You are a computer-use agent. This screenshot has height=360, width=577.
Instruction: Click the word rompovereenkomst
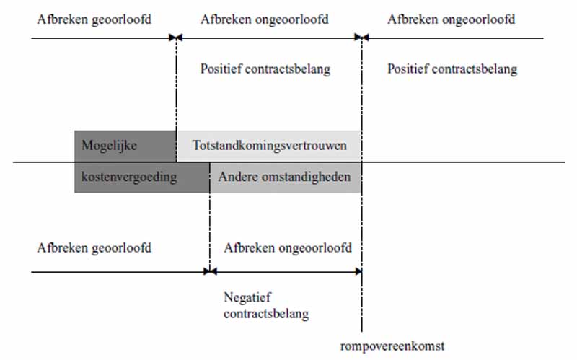tap(392, 346)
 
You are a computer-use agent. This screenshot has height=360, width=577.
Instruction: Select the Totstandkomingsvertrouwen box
tap(268, 146)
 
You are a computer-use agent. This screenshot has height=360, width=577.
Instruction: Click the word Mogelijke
tap(109, 146)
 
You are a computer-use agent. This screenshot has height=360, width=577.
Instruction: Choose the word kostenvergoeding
tap(129, 177)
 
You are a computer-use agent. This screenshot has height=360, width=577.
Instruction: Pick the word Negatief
tap(247, 297)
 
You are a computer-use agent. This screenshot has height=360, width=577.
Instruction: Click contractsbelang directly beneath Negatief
tap(266, 314)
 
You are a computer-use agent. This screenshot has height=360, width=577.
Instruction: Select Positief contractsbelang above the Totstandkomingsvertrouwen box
tap(265, 69)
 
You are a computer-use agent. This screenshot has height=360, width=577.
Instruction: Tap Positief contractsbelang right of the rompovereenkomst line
tap(452, 69)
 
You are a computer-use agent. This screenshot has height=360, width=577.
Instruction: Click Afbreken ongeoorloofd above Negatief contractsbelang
tap(288, 247)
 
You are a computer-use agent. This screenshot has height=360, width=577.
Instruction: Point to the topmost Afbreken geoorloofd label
tap(94, 19)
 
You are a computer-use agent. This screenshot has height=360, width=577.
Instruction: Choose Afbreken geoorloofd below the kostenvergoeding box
tap(94, 247)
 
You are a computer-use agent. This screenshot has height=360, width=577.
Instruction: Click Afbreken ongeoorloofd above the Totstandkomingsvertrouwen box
tap(265, 19)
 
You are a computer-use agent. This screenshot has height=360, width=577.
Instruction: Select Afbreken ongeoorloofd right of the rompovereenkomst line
tap(452, 19)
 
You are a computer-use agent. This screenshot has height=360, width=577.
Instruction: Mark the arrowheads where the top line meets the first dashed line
tap(176, 38)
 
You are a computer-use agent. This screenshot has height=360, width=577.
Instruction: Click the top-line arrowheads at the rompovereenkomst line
tap(362, 38)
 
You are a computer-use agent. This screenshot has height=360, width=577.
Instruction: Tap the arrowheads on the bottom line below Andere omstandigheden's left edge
tap(210, 272)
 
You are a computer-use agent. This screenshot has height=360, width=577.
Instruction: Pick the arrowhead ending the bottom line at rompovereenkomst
tap(358, 272)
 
